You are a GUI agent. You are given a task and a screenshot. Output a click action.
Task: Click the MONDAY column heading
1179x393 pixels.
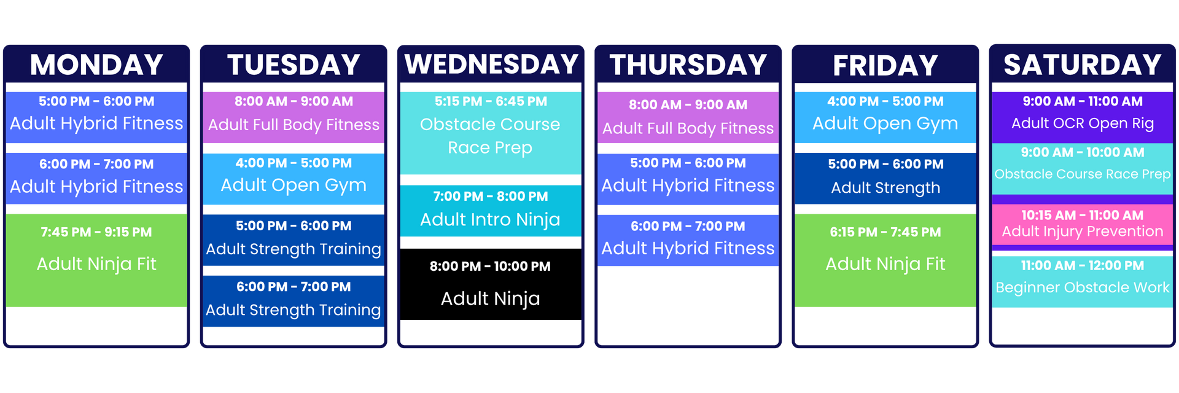point(96,65)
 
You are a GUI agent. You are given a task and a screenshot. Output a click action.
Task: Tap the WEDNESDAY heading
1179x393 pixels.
point(491,64)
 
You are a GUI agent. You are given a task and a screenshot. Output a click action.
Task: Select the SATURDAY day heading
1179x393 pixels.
point(1082,65)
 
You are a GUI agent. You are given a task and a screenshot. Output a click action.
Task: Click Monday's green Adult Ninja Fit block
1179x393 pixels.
point(96,260)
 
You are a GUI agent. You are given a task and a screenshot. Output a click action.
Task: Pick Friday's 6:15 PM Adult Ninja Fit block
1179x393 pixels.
point(885,260)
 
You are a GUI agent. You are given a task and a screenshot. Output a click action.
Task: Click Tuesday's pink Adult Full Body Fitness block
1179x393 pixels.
point(294,117)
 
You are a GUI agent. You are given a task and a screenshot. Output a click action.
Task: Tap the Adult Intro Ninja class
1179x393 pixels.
point(490,211)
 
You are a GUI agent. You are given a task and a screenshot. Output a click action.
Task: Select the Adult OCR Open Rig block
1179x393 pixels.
point(1082,116)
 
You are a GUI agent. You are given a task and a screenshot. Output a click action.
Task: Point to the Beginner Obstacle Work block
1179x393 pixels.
point(1082,282)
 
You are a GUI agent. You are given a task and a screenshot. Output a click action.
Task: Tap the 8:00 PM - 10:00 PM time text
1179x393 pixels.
point(490,267)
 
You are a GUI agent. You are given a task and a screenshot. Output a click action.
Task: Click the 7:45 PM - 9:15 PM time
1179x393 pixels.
point(96,232)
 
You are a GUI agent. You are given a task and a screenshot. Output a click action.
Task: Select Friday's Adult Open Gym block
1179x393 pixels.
point(885,117)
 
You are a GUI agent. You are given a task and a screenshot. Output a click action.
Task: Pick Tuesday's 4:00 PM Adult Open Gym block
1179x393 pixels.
point(294,179)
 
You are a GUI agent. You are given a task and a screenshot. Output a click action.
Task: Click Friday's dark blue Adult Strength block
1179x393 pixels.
point(885,178)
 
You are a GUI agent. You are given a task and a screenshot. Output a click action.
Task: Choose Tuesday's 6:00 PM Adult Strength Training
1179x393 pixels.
point(294,301)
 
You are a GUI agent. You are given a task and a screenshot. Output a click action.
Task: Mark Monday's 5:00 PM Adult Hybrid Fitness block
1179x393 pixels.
point(96,117)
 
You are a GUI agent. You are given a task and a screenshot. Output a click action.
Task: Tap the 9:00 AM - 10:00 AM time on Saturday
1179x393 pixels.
point(1082,152)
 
